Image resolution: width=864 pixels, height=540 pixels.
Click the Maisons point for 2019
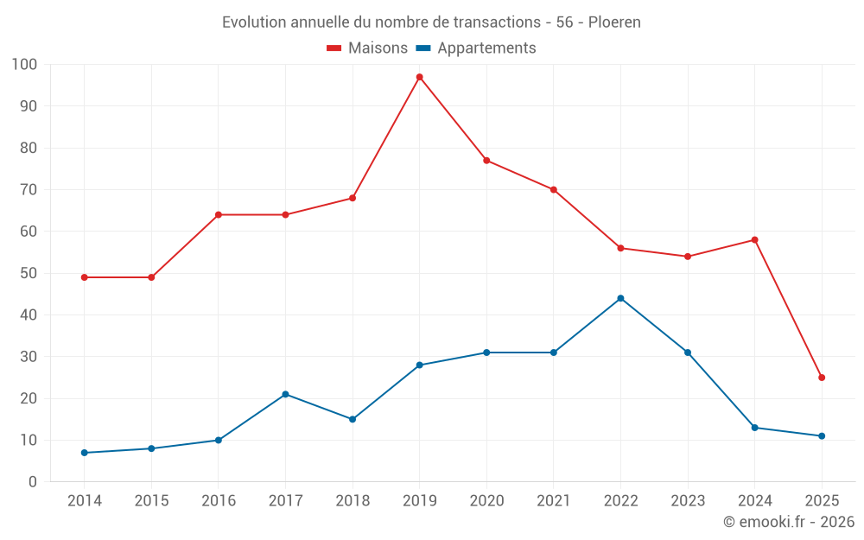(x=419, y=77)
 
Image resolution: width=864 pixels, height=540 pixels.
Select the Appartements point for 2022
(x=620, y=298)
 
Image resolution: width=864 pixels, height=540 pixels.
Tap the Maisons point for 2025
(x=822, y=378)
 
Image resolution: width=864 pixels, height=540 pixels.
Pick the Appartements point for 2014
(x=84, y=453)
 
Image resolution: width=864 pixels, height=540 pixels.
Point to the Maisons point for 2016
(x=218, y=214)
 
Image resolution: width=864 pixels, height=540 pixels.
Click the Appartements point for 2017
(x=285, y=394)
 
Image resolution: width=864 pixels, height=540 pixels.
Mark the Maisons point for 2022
(x=620, y=248)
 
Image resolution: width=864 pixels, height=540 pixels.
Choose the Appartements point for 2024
(x=754, y=428)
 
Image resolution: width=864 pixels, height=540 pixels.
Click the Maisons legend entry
(x=367, y=48)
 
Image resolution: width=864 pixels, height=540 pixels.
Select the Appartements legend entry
(x=476, y=48)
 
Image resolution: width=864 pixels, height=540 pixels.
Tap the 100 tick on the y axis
(x=25, y=65)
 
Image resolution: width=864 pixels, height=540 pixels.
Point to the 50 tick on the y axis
(x=29, y=273)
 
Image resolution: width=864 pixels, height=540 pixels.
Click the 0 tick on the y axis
(x=33, y=482)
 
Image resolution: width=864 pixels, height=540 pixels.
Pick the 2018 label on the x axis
(x=353, y=501)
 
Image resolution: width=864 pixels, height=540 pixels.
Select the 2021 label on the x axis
(x=554, y=501)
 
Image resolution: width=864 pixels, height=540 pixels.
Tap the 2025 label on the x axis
(x=822, y=501)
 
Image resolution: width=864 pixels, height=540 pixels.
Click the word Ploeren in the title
(x=614, y=22)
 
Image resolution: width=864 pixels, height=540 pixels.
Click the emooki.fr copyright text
(x=789, y=522)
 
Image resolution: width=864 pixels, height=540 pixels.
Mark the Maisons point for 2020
(x=486, y=160)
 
